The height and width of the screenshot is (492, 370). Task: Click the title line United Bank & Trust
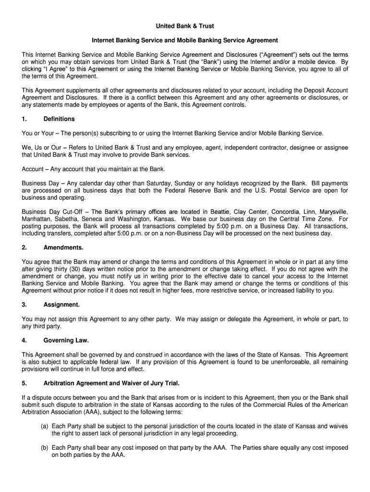coord(185,25)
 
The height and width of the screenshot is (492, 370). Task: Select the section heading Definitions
coord(59,119)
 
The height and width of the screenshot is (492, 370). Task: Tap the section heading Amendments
coord(63,247)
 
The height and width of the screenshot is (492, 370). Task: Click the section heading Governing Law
coord(66,340)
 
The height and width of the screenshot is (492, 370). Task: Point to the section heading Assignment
coord(62,305)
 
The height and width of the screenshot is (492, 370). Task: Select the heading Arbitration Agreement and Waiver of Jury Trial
coord(111,383)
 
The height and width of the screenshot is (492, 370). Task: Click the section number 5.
coord(25,383)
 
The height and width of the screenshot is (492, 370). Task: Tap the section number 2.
coord(25,247)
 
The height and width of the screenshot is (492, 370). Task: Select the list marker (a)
coord(44,426)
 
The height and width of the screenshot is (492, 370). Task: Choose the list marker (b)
coord(44,447)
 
